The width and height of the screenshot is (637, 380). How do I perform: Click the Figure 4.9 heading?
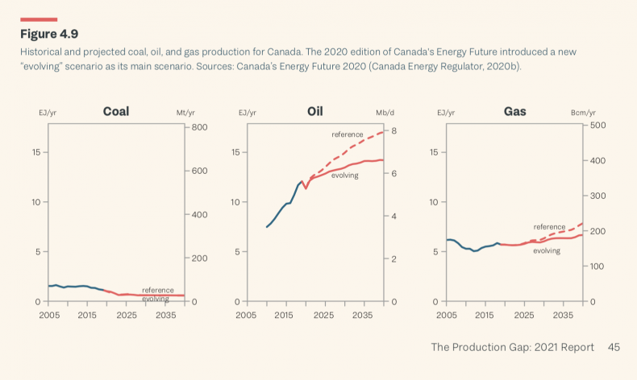click(49, 34)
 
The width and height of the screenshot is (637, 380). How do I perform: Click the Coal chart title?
click(116, 111)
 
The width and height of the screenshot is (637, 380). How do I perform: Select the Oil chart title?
click(314, 111)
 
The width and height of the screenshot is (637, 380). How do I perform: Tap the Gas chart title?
click(514, 111)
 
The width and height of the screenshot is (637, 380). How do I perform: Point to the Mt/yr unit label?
click(186, 113)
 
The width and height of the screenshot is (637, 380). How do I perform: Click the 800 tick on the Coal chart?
click(200, 127)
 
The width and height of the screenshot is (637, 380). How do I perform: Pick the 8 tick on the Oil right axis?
click(394, 130)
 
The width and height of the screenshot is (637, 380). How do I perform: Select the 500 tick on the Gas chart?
click(597, 125)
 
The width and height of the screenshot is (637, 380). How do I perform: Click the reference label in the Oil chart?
click(347, 134)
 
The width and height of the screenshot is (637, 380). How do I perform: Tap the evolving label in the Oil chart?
click(344, 175)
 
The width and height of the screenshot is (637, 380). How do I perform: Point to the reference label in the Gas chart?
click(549, 227)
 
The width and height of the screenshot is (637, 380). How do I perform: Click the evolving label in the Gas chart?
click(546, 250)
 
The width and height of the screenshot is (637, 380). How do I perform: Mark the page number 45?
click(614, 347)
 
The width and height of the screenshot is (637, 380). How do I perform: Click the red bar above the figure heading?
click(38, 19)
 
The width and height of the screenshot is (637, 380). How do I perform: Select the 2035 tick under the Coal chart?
click(164, 315)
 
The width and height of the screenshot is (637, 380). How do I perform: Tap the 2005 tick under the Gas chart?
click(445, 315)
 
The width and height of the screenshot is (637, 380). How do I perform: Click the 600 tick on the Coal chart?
click(200, 171)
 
